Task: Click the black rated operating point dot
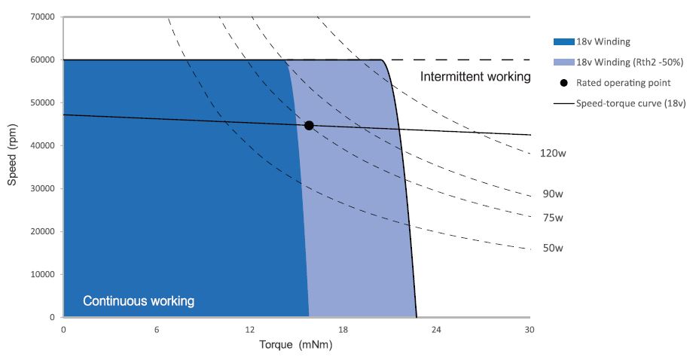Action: click(309, 125)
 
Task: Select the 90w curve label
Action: click(553, 194)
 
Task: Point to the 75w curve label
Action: click(553, 218)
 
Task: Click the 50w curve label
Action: click(553, 247)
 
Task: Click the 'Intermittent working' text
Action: click(475, 77)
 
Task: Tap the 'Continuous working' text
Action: click(139, 301)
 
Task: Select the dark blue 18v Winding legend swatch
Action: click(563, 42)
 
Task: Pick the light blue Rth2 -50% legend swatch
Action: click(563, 63)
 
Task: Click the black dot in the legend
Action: click(564, 83)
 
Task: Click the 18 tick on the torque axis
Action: click(343, 330)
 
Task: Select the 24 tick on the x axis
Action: click(436, 330)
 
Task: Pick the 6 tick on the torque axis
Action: click(157, 330)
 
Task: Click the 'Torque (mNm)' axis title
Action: click(295, 346)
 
